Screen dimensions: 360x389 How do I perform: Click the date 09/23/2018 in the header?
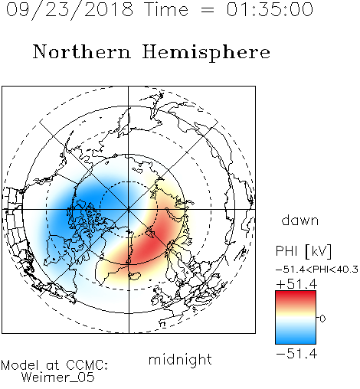70,10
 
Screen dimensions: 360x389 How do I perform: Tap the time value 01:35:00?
270,10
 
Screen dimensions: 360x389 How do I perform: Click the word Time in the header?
166,10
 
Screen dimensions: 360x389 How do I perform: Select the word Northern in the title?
82,51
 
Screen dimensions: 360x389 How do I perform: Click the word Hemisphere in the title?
206,53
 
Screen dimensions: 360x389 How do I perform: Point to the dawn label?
300,221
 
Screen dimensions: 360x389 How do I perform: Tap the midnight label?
180,360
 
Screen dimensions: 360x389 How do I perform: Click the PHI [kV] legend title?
303,251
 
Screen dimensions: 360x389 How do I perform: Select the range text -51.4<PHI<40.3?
317,270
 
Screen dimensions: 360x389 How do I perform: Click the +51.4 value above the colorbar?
296,284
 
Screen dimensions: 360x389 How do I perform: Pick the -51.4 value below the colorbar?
296,354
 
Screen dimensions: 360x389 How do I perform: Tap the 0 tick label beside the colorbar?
322,319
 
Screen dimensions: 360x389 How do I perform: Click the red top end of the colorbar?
296,293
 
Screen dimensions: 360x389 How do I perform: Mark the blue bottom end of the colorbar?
296,342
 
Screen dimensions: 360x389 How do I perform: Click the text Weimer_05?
58,378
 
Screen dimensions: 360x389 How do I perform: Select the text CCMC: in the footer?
87,365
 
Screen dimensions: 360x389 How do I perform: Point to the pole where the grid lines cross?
129,209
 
